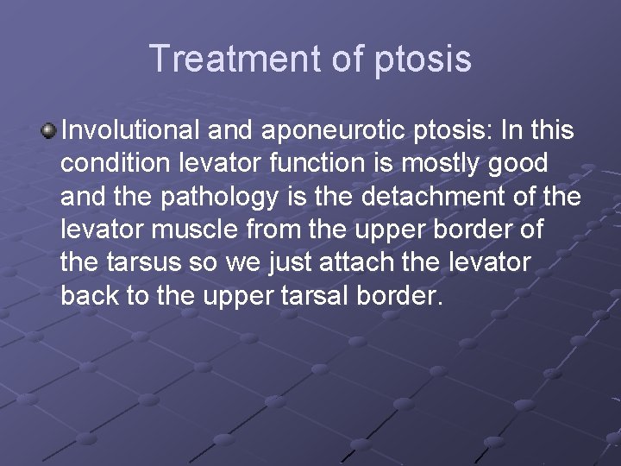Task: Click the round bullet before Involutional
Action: tap(49, 130)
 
